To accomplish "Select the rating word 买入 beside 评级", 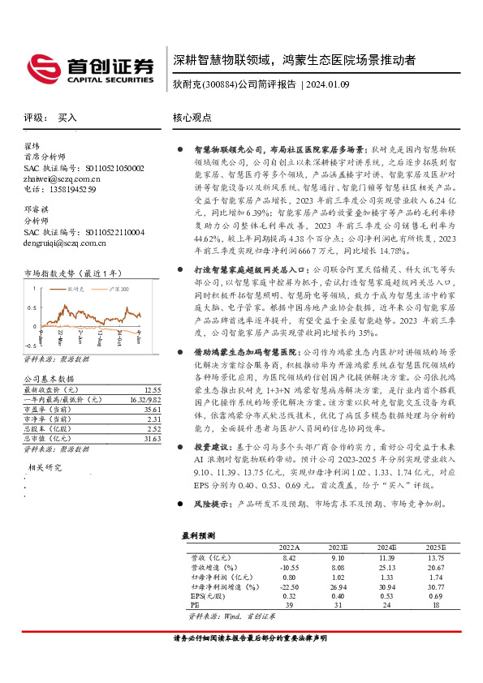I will click(67, 118).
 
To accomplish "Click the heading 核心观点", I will click(192, 118).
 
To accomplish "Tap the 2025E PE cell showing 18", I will click(436, 605).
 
